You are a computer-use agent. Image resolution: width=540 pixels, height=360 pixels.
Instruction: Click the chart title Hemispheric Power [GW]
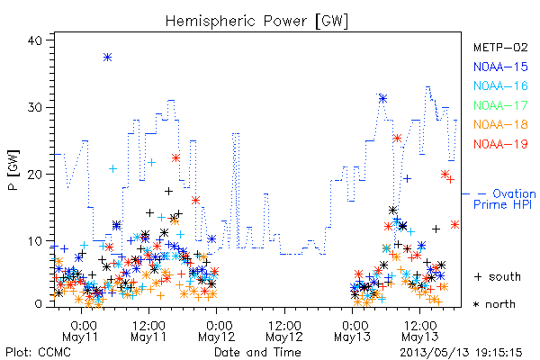(256, 22)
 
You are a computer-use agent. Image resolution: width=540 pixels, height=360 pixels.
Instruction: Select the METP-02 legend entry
(500, 47)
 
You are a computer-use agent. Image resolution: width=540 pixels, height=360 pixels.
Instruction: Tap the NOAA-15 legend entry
(500, 67)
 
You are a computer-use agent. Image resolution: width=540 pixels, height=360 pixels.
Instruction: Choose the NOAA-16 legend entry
(500, 85)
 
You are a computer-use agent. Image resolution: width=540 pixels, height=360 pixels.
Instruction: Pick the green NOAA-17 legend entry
(500, 105)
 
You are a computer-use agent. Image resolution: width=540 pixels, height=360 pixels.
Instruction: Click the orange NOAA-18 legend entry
(500, 124)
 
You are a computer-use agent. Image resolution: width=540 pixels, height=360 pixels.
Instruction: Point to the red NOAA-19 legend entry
(500, 144)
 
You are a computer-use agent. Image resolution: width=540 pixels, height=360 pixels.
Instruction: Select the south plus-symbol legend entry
(498, 276)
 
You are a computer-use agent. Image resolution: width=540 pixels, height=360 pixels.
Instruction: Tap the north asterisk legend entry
(494, 304)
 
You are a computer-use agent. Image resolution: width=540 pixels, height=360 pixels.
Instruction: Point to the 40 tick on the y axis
(35, 40)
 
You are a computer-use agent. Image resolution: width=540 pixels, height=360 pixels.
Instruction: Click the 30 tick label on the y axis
(35, 107)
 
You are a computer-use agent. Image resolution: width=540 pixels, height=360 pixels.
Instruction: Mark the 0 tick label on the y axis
(39, 304)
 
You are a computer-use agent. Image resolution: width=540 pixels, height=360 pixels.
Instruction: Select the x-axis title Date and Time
(257, 352)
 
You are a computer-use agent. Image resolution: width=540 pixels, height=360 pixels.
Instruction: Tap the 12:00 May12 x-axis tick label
(284, 331)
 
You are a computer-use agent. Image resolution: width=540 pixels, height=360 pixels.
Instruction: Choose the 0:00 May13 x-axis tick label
(352, 331)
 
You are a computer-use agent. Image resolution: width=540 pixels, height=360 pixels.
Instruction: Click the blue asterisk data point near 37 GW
(107, 58)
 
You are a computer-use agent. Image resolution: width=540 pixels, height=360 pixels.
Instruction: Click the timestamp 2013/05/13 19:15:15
(461, 353)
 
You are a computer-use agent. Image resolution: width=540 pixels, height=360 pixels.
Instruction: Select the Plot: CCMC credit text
(38, 352)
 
